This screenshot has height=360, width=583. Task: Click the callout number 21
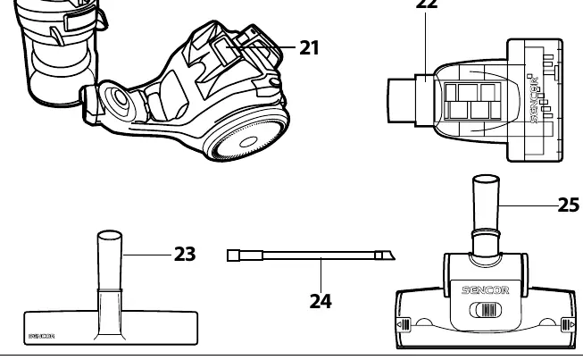click(x=309, y=48)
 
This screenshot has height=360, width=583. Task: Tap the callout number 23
click(x=185, y=255)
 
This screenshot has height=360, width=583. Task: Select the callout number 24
click(x=321, y=301)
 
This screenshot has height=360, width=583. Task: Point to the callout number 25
click(x=569, y=205)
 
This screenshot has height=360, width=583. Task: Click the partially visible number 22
click(x=427, y=4)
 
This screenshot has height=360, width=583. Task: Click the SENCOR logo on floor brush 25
click(x=485, y=290)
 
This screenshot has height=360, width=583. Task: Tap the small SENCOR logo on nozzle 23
click(x=42, y=336)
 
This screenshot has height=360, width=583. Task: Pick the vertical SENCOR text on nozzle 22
click(x=534, y=99)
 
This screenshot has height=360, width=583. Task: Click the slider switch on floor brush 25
click(x=485, y=310)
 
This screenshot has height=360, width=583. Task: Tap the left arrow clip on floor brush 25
click(x=404, y=324)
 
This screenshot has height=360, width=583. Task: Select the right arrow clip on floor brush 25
click(x=568, y=325)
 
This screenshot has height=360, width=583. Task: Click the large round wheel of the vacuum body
click(x=246, y=137)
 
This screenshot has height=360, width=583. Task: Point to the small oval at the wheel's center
click(x=249, y=142)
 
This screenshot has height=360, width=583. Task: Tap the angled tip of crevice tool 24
click(x=386, y=255)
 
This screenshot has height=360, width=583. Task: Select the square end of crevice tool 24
click(x=234, y=255)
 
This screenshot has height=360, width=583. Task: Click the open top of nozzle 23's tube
click(x=110, y=236)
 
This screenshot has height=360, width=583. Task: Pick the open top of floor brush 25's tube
click(x=486, y=180)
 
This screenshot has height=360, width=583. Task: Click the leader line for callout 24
click(x=321, y=275)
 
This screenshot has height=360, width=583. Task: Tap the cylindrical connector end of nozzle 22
click(x=401, y=100)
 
